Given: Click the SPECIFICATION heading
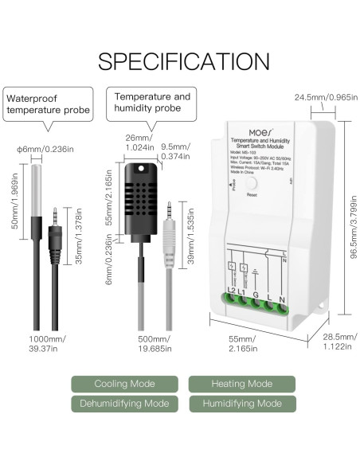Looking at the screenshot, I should [x=180, y=61].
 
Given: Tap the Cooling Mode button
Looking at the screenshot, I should [x=123, y=384].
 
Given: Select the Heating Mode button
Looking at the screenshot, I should [x=241, y=384].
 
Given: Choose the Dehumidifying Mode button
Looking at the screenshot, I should [x=123, y=404].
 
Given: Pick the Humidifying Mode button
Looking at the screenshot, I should [x=241, y=404].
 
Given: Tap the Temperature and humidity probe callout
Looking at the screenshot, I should [x=154, y=103].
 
